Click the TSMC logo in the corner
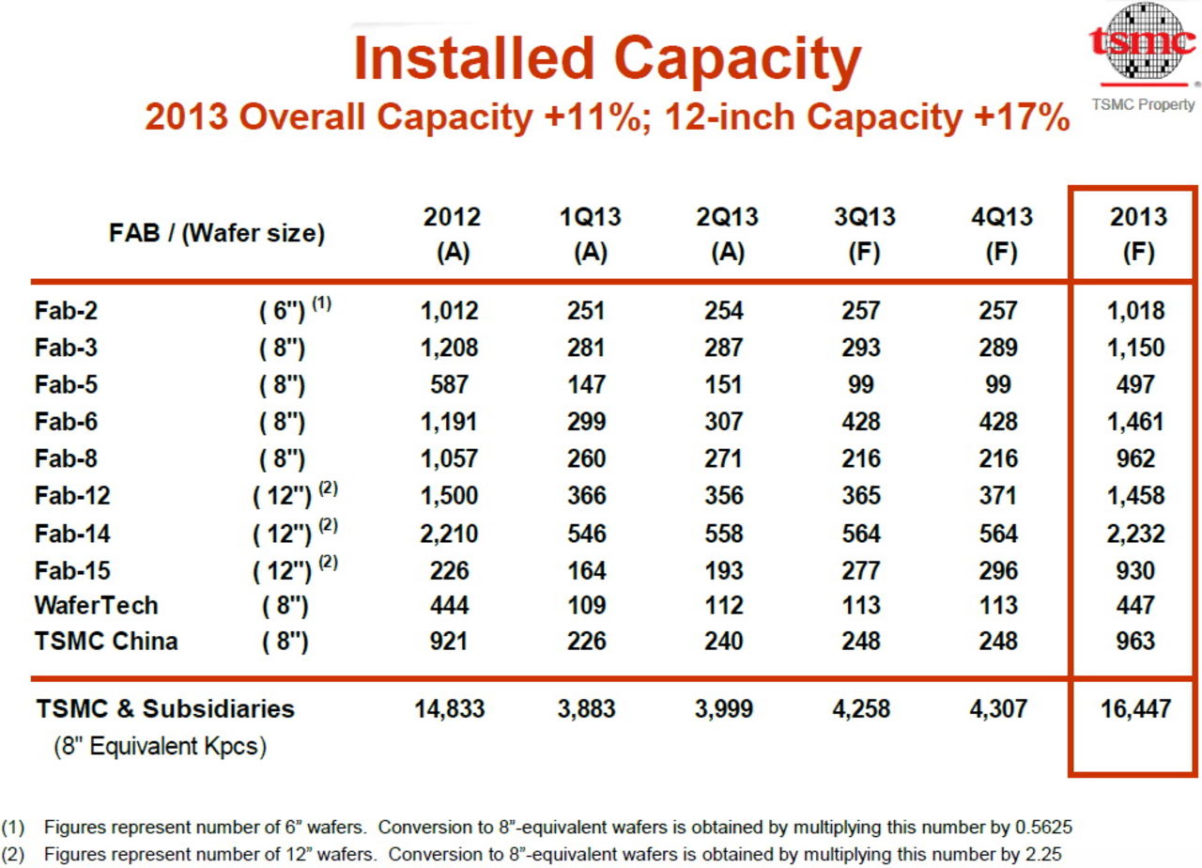tap(1143, 43)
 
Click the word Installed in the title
tap(473, 58)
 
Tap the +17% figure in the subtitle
tap(1030, 117)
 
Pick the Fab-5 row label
tap(66, 385)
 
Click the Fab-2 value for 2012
tap(447, 311)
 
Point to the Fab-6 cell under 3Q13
tap(861, 422)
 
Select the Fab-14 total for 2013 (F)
tap(1137, 534)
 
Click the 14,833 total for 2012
tap(450, 709)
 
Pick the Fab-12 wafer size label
tap(294, 495)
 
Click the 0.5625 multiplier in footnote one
tap(1044, 828)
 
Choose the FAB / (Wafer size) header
tap(218, 233)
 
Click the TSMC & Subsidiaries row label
tap(165, 709)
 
